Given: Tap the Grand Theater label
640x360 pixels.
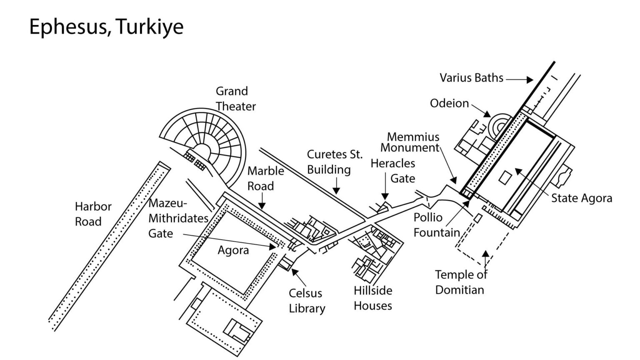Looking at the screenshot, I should click(x=235, y=99).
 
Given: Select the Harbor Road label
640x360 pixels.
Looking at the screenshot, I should click(x=93, y=214).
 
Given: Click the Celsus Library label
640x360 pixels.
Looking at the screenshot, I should click(x=307, y=300).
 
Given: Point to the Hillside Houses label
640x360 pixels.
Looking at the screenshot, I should click(x=372, y=298).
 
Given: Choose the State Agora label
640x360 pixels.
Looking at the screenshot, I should click(x=581, y=198).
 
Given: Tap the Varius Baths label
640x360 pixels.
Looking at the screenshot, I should click(x=471, y=78).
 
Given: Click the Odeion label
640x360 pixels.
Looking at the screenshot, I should click(x=449, y=103).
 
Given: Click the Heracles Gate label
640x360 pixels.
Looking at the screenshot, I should click(x=393, y=171).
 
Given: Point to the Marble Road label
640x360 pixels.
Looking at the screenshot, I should click(x=265, y=178).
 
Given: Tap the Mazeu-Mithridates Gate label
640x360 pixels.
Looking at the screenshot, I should click(x=178, y=218).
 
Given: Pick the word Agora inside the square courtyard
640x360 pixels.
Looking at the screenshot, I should click(x=233, y=250).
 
